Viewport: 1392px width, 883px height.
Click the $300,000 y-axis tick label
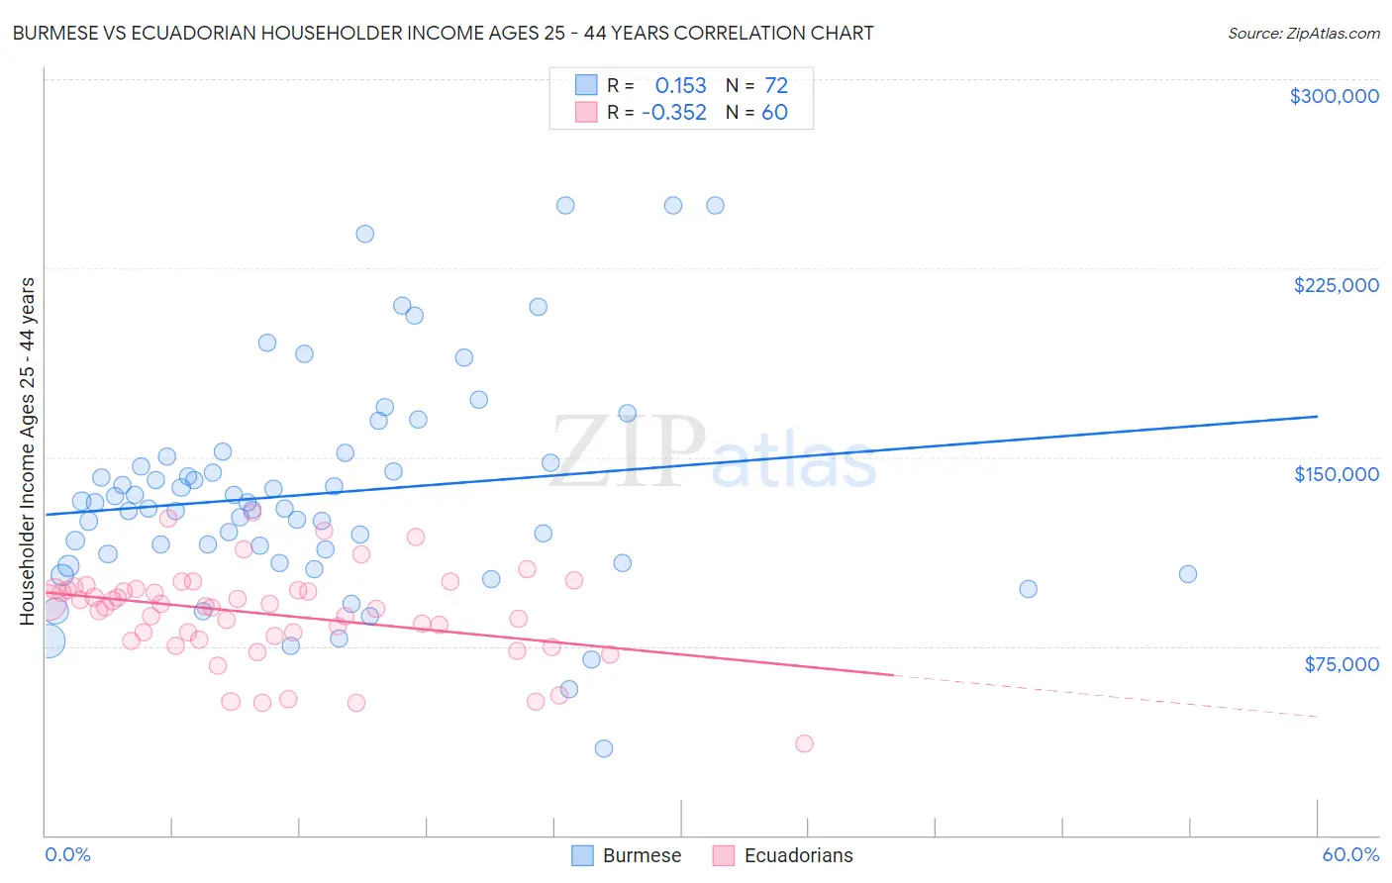1334,96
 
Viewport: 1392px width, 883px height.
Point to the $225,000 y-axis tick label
1336,285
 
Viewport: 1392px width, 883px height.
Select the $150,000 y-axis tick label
1336,474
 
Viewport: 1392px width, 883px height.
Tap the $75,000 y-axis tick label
1341,664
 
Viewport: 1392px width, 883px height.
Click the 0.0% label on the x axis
67,854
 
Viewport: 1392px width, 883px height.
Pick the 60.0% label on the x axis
1349,854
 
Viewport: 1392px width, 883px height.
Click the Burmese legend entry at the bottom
626,855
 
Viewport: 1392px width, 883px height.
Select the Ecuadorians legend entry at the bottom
782,855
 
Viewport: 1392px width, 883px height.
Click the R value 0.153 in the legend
680,86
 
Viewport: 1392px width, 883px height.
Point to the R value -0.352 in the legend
673,113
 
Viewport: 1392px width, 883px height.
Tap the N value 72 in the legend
775,86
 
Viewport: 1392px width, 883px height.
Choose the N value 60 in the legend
774,113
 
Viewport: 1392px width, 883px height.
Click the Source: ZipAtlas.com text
1303,33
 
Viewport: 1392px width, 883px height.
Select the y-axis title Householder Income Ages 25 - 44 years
28,451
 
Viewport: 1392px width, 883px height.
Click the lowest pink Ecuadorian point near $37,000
804,743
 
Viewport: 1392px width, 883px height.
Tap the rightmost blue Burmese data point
1188,574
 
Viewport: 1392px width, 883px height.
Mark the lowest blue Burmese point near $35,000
604,748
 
